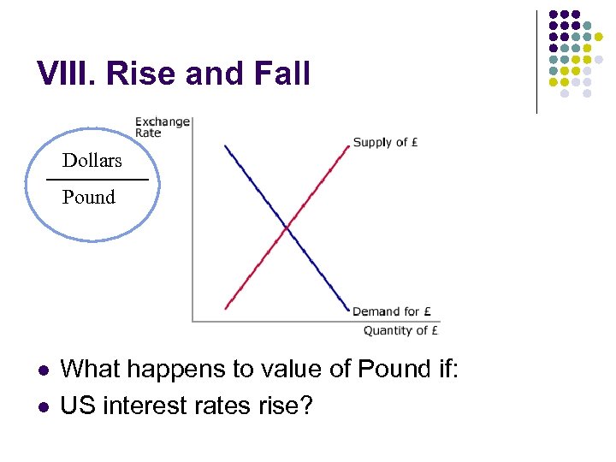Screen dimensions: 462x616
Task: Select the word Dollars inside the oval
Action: click(92, 160)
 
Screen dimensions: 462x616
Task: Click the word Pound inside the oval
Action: click(89, 197)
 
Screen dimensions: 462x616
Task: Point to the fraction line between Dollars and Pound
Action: click(97, 180)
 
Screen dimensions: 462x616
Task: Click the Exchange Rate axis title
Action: click(162, 127)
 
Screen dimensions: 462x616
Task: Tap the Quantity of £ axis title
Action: click(401, 330)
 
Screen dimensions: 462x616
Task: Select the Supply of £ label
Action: click(385, 142)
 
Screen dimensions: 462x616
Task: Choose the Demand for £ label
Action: click(392, 311)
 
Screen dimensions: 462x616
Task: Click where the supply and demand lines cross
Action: click(287, 228)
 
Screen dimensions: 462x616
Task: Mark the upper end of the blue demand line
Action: click(225, 145)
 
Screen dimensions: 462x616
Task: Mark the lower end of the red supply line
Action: click(226, 308)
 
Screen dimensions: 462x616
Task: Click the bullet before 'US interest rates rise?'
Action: click(42, 406)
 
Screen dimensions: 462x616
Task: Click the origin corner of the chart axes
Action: click(192, 321)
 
